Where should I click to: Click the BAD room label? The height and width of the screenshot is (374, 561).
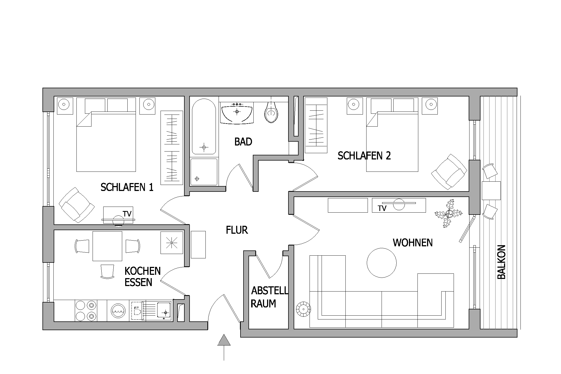click(x=243, y=142)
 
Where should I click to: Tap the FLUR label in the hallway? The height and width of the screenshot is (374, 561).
click(x=237, y=230)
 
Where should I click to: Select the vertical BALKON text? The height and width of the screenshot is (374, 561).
click(x=501, y=262)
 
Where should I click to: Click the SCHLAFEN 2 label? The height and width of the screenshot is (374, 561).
click(x=364, y=156)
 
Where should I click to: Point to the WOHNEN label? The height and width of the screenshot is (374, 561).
click(x=413, y=243)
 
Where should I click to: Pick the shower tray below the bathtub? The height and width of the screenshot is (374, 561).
click(x=204, y=172)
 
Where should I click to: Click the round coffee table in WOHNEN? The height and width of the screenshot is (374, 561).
click(x=382, y=263)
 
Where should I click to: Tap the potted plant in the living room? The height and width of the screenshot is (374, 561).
click(x=448, y=213)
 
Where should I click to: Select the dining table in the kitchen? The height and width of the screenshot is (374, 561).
click(x=107, y=246)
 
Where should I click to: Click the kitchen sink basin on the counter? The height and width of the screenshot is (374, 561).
click(x=164, y=311)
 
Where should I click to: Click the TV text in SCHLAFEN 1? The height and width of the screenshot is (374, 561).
click(x=127, y=214)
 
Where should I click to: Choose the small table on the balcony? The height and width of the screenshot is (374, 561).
click(x=491, y=190)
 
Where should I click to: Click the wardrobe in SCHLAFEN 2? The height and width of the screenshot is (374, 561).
click(x=316, y=125)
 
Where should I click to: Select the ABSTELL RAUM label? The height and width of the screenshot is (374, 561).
click(x=270, y=297)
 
